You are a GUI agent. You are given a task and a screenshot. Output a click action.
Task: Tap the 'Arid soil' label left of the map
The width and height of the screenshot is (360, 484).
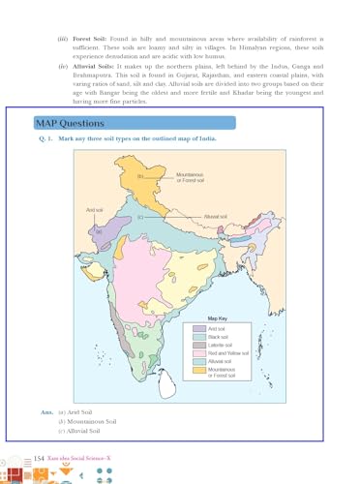coord(95,209)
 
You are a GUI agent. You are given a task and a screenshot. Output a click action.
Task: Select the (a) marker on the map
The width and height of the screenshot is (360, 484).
coord(98,231)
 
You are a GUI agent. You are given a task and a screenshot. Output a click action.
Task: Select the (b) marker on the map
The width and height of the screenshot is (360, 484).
coord(140,177)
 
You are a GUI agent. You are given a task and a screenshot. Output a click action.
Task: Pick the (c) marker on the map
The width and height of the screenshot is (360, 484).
coord(140,218)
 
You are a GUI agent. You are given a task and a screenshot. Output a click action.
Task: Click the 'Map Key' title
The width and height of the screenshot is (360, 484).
coord(218,318)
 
